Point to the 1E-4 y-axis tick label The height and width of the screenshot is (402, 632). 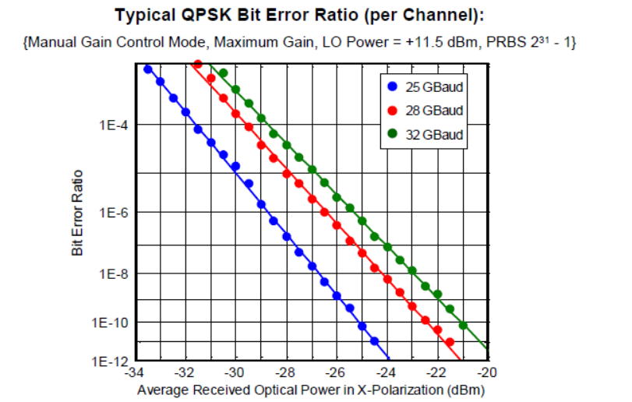point(113,125)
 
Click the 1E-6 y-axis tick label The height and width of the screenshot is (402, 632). point(113,213)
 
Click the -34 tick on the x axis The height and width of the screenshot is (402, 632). point(135,372)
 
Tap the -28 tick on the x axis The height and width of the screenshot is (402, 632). point(285,372)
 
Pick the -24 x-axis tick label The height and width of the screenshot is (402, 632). point(386,372)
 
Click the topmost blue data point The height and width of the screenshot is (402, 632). point(148,69)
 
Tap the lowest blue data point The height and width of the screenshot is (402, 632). point(375,340)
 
